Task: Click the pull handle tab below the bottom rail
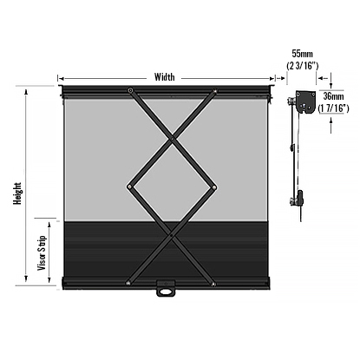click(166, 290)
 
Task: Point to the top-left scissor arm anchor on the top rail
click(130, 90)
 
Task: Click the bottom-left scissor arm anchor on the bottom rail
click(128, 280)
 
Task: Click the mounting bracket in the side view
click(304, 103)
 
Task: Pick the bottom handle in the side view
click(300, 198)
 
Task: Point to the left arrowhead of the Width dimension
click(61, 76)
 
